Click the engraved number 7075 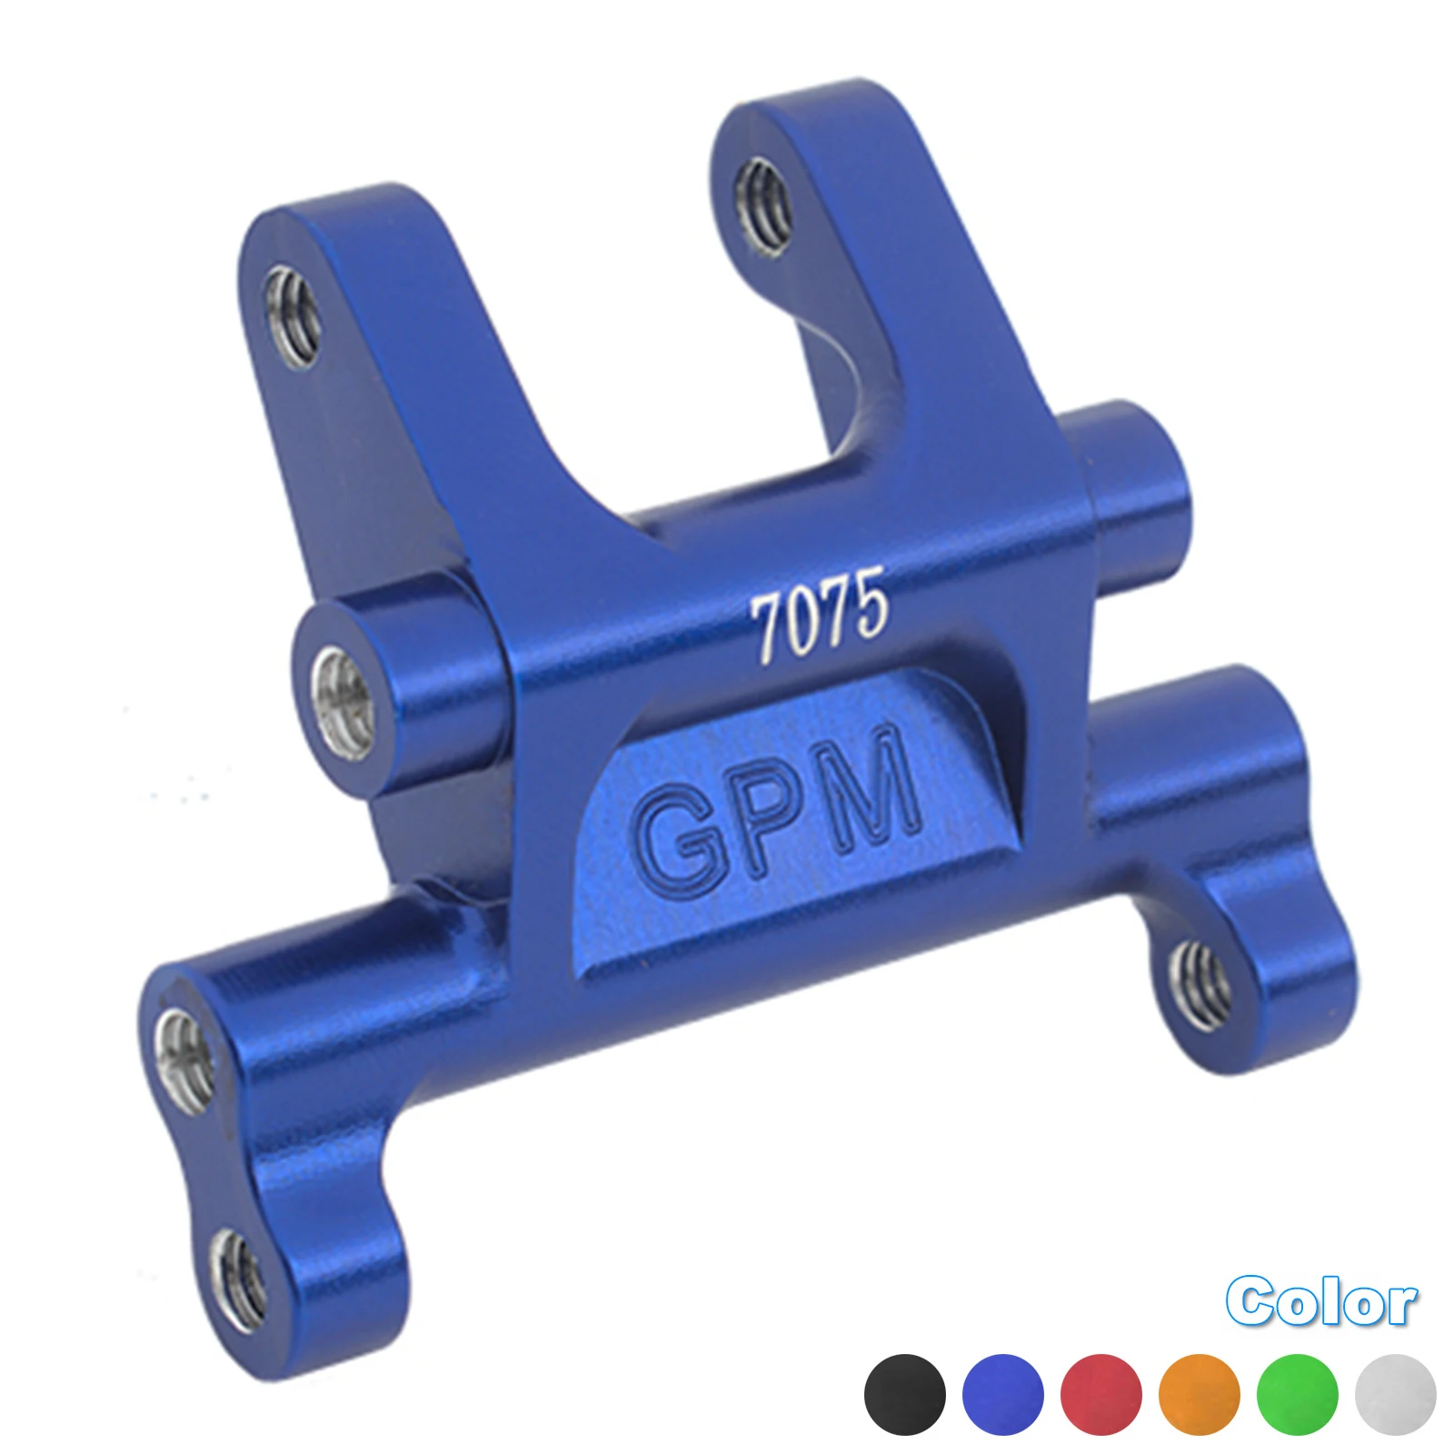(818, 615)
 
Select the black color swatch (904, 1395)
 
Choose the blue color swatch (1002, 1395)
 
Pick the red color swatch (1100, 1395)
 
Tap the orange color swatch (1199, 1395)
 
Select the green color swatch (1297, 1395)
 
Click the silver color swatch (1395, 1395)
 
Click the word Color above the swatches (1320, 1302)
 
